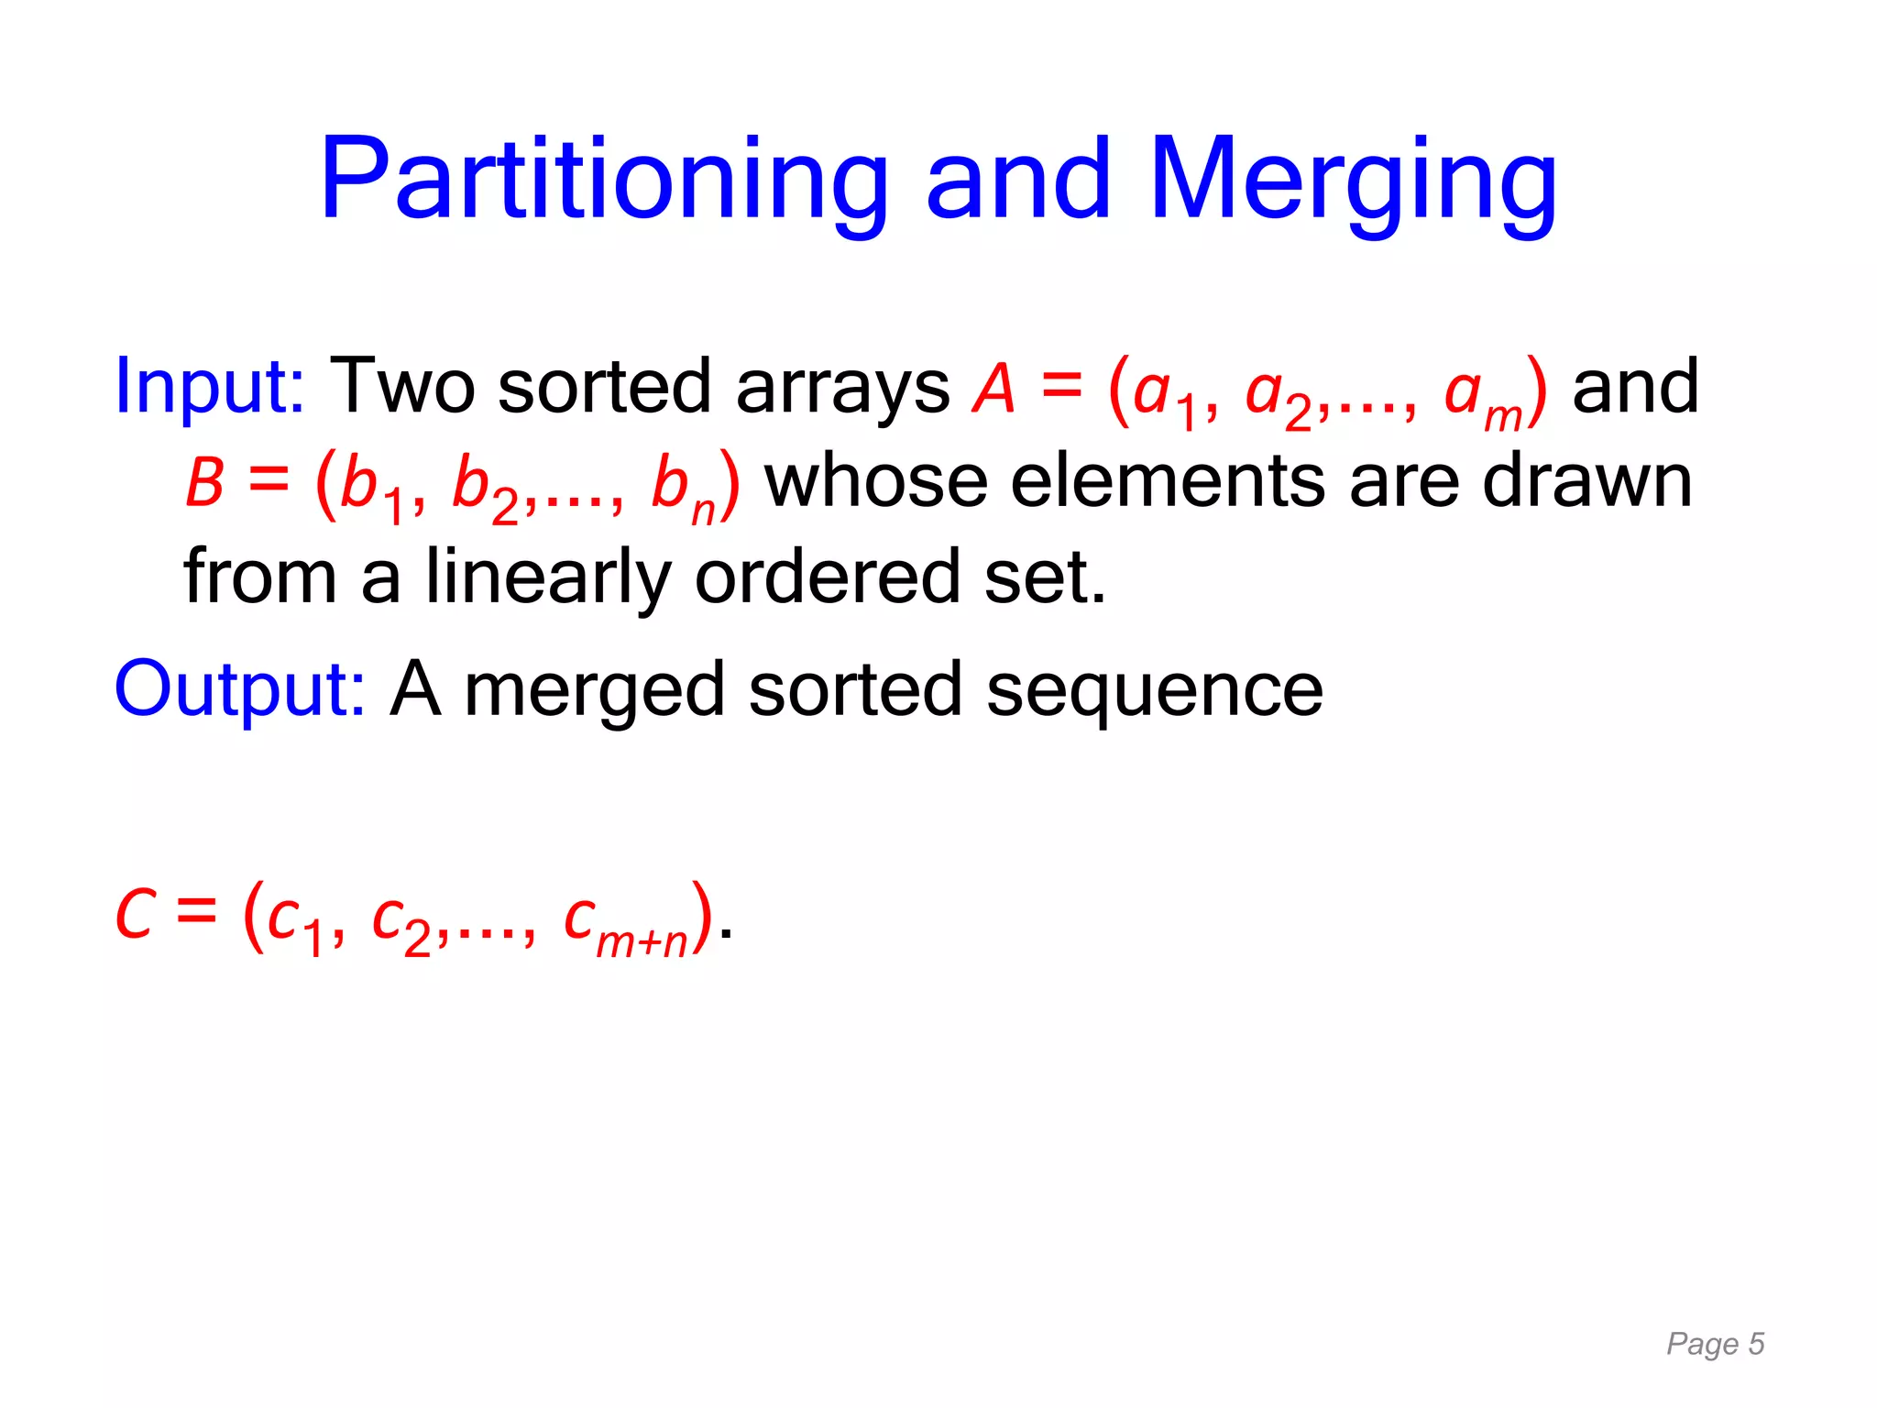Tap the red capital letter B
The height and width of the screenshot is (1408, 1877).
(x=204, y=483)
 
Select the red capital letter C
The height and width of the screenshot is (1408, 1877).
(x=135, y=915)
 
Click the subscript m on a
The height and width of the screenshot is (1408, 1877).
(x=1502, y=417)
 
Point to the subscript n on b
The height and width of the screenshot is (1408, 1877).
(x=703, y=511)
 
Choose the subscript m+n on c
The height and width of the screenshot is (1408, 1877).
(x=642, y=942)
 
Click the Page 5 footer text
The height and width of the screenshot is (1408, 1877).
(x=1715, y=1344)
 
